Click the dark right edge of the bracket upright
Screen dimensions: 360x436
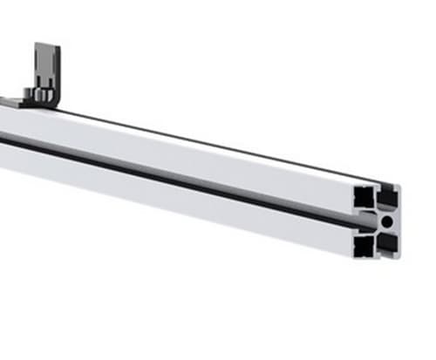[x=58, y=70]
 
